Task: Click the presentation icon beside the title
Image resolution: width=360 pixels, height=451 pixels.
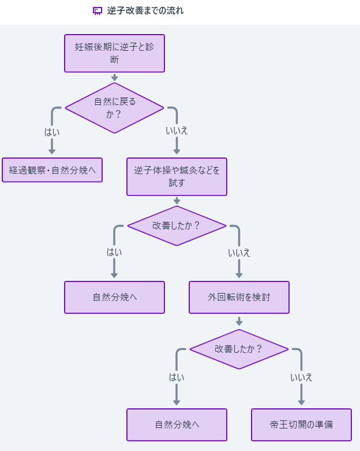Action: point(97,11)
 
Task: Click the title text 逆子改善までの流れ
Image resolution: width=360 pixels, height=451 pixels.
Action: point(145,11)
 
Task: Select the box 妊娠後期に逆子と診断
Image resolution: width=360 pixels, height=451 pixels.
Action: point(114,53)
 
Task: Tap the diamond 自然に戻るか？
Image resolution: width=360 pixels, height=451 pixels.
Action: point(114,108)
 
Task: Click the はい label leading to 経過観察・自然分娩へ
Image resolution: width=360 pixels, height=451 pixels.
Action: point(52,131)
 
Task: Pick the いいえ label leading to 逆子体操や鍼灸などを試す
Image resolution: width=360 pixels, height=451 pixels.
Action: point(177,130)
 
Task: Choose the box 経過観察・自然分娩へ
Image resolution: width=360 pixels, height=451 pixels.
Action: point(52,170)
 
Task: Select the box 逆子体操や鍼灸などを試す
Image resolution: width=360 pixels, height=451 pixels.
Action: point(177,176)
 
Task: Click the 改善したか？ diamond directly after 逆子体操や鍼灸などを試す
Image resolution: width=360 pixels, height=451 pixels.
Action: point(177,225)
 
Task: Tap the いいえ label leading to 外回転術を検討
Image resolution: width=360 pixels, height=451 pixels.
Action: point(239,253)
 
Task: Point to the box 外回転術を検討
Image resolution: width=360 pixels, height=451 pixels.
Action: point(239,298)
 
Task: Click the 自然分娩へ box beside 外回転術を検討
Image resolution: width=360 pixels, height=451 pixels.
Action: point(114,298)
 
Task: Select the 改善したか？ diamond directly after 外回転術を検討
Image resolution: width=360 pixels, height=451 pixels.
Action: point(239,349)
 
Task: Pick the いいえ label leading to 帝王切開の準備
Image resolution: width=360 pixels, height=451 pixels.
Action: point(301,377)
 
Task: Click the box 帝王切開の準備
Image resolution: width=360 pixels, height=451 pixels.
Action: point(301,425)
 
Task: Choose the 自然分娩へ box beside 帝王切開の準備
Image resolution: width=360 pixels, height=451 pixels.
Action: point(177,425)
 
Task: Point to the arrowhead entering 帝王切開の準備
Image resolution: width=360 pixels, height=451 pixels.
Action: point(301,402)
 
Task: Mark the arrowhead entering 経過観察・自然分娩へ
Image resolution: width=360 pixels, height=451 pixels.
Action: point(52,151)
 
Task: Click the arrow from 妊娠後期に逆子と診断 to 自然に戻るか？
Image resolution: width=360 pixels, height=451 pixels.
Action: point(114,77)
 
